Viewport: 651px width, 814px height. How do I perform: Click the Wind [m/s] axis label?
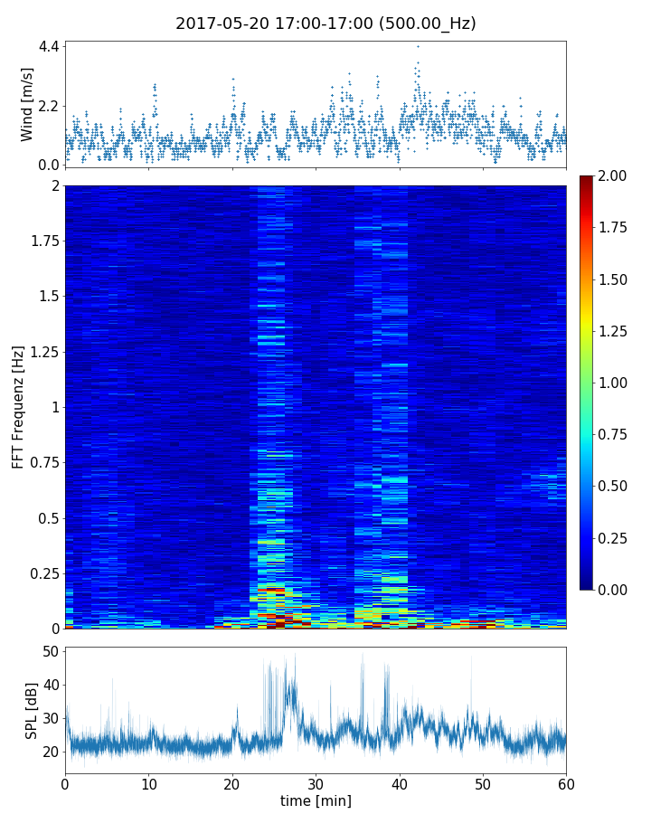click(x=27, y=103)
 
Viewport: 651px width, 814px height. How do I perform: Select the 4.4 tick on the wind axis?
click(x=49, y=46)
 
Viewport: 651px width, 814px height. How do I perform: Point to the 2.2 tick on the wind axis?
click(x=49, y=106)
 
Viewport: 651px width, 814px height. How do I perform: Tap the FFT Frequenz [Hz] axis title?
click(x=18, y=406)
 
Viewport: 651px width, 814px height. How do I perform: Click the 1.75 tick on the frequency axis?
click(x=42, y=241)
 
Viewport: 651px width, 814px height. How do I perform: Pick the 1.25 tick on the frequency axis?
click(x=42, y=351)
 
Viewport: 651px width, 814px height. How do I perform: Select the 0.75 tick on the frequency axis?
click(x=42, y=462)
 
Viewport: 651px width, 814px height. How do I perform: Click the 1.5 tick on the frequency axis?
click(x=47, y=296)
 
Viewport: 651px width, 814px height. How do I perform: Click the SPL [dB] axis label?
click(x=32, y=709)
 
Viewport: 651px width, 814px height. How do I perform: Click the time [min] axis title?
click(x=316, y=800)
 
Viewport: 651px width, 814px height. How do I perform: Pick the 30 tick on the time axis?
click(x=316, y=782)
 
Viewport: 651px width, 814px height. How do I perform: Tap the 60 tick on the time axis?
click(x=566, y=782)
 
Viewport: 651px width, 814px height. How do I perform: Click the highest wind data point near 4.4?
click(x=418, y=46)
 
